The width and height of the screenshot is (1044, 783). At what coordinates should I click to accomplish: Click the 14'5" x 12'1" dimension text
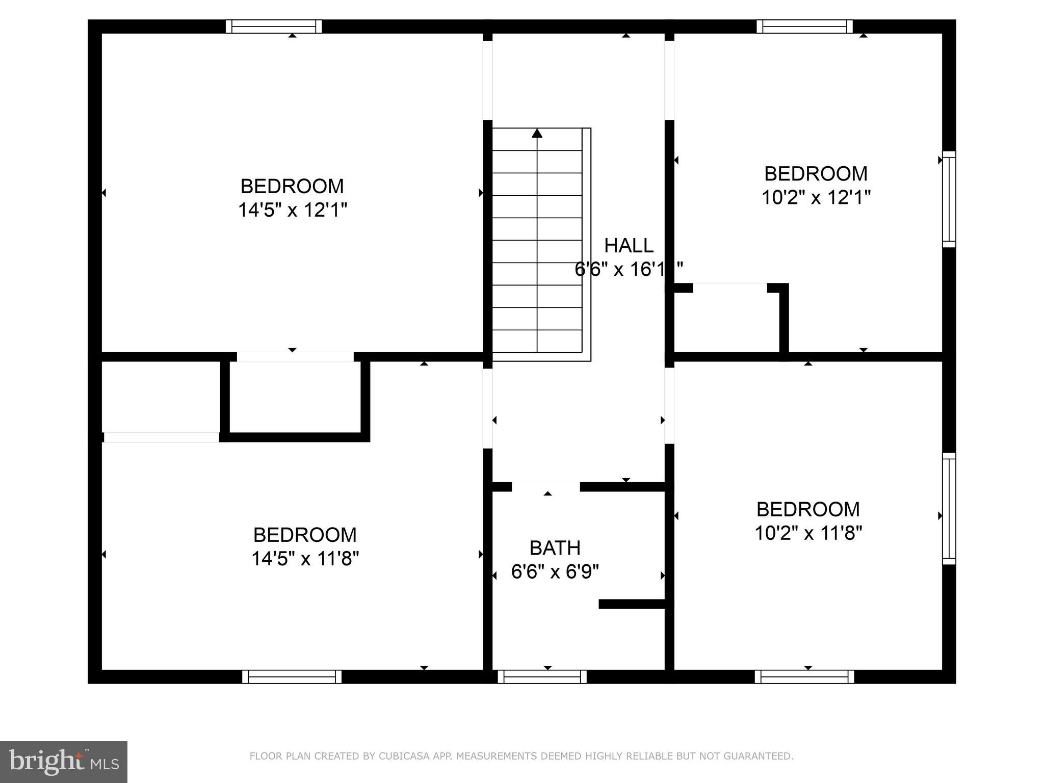[292, 210]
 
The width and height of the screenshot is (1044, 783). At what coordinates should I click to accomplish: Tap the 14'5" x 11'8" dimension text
[305, 559]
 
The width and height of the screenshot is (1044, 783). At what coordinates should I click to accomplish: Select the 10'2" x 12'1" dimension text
[816, 197]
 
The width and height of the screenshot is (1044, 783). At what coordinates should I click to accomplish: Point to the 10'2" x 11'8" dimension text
[808, 533]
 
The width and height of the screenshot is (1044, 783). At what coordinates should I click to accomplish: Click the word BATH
[555, 548]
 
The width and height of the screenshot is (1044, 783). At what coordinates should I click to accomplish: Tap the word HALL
[628, 246]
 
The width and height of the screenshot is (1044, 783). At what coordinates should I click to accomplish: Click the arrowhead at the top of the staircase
[537, 134]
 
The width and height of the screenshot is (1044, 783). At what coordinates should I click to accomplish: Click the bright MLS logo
[64, 762]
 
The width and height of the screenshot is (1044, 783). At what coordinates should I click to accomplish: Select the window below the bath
[542, 677]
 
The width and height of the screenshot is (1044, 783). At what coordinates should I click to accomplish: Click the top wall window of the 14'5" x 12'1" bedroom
[274, 26]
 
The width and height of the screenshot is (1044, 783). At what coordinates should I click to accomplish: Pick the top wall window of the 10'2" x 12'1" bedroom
[804, 26]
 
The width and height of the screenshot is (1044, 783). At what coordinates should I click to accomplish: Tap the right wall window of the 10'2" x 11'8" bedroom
[949, 508]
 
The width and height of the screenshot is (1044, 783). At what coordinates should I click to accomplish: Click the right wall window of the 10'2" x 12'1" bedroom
[949, 199]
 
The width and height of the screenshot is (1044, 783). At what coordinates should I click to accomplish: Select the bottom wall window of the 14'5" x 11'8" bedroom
[292, 677]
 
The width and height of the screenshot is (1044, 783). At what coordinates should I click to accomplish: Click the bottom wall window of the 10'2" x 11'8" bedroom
[804, 677]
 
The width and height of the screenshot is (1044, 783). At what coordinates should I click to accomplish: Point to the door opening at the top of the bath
[545, 487]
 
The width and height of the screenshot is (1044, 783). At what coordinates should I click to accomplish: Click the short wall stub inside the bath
[632, 604]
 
